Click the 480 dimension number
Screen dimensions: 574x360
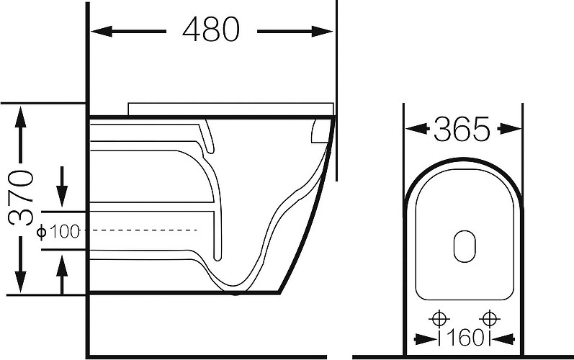click(211, 30)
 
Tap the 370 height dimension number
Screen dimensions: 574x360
click(21, 198)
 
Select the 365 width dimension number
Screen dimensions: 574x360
click(462, 129)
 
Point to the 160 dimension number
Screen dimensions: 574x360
click(465, 338)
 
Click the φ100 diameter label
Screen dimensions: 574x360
click(58, 232)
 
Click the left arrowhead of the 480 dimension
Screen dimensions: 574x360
click(102, 32)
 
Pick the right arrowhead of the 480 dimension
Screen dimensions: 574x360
click(322, 32)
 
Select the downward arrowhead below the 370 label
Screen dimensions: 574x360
click(21, 282)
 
